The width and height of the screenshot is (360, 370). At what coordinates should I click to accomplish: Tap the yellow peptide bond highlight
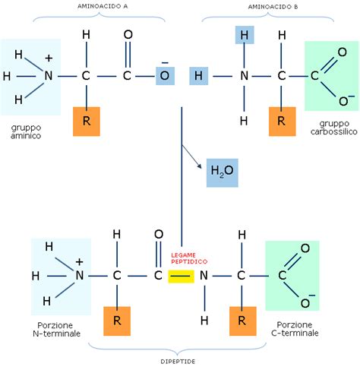[180, 277]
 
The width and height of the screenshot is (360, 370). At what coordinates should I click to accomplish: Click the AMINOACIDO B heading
[268, 6]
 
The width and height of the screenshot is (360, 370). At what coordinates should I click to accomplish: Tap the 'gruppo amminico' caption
[26, 130]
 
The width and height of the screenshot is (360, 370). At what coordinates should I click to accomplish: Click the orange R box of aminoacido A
[87, 121]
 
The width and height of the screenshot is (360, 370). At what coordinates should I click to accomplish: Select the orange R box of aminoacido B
[282, 121]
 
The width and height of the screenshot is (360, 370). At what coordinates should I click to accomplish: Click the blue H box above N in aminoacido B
[243, 35]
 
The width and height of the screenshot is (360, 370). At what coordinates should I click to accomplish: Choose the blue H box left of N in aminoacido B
[197, 76]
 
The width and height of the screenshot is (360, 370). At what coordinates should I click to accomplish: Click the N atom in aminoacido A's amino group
[49, 76]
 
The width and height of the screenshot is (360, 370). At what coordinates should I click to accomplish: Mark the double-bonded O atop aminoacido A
[128, 35]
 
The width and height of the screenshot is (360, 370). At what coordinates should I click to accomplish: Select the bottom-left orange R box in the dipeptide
[116, 321]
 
